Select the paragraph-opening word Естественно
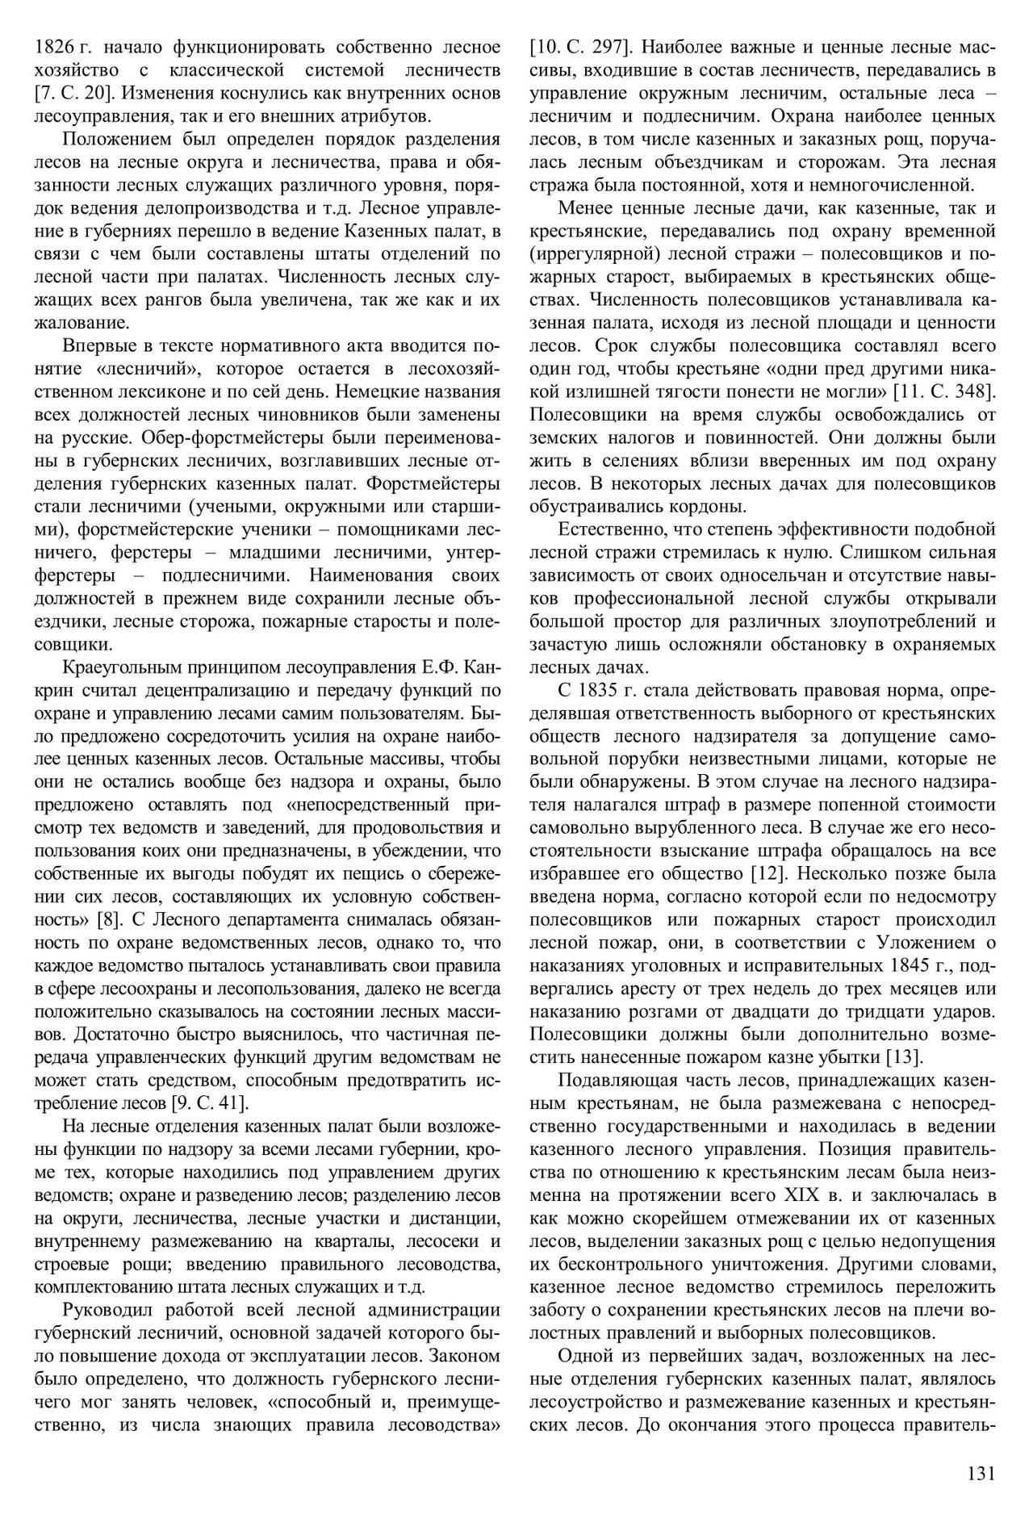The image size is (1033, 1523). [613, 530]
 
